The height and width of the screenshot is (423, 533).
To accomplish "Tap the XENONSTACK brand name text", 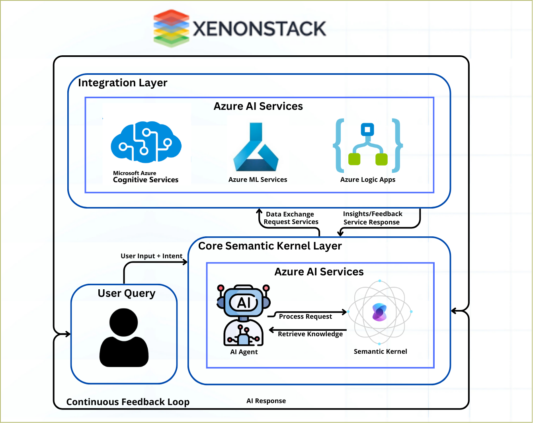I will click(260, 29).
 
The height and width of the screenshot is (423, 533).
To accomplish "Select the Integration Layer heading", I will click(123, 83).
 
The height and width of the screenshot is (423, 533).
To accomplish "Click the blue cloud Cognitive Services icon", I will click(146, 142).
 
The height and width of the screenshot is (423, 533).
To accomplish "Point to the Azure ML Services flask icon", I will click(256, 147).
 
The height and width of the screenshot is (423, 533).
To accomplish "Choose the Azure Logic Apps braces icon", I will click(368, 145).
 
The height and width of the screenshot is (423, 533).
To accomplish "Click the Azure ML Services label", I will click(258, 179).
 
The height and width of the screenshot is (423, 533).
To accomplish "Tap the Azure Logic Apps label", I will click(368, 179).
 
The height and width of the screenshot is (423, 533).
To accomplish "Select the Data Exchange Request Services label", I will click(291, 218).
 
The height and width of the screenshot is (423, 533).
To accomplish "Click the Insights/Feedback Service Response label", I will click(372, 218).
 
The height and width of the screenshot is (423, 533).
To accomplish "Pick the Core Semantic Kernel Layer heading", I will click(270, 246).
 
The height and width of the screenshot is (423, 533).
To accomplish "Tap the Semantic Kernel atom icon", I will click(380, 312).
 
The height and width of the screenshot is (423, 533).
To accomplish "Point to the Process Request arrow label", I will click(305, 316).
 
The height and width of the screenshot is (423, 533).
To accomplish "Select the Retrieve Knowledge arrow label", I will click(310, 334).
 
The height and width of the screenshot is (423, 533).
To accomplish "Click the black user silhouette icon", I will click(124, 338).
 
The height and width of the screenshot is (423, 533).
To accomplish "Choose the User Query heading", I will click(127, 293).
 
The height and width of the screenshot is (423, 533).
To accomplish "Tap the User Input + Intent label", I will click(151, 256).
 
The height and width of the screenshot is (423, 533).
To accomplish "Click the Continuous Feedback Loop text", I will click(128, 402).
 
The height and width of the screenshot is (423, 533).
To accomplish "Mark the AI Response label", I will click(266, 401).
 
